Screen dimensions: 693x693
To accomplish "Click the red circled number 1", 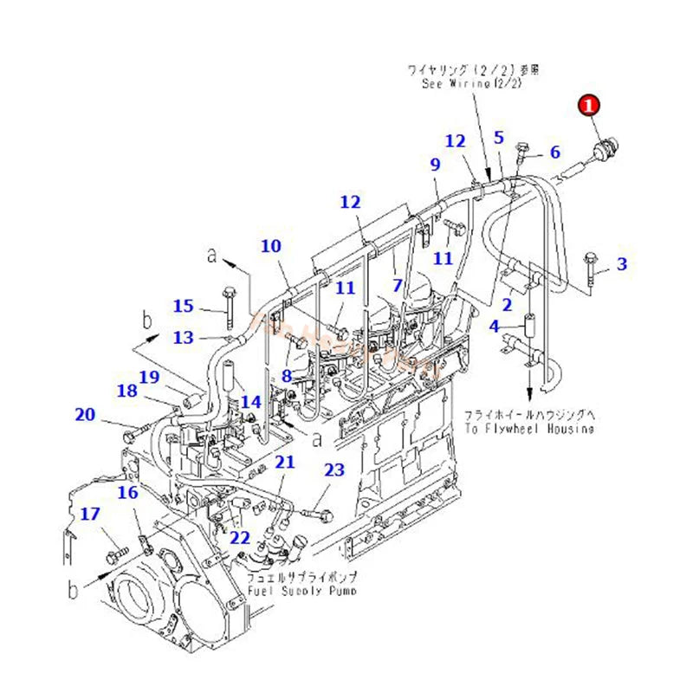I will (x=589, y=107).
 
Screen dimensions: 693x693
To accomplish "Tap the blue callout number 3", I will (x=621, y=264).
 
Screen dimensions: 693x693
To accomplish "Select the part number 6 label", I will (x=554, y=152).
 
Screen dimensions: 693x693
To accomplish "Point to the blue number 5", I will (x=498, y=137).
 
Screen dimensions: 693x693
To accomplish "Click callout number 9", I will (x=435, y=164).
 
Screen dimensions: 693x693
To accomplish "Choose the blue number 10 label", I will (x=271, y=246).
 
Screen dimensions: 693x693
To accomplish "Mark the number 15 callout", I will (x=183, y=306).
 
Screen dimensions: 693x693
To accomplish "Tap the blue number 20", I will (x=85, y=415).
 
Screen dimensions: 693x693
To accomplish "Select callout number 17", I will (x=90, y=514).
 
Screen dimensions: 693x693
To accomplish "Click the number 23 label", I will (x=334, y=470).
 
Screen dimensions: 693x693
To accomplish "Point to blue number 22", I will (x=240, y=537).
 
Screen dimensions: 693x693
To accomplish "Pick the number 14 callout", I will (x=250, y=402).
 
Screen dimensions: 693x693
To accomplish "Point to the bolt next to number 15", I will (x=230, y=303).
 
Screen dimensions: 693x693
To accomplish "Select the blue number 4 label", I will (x=494, y=327).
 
